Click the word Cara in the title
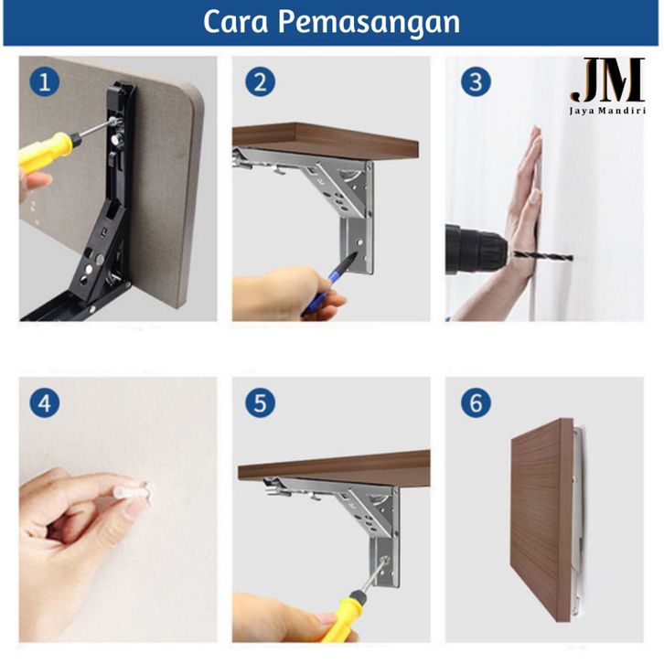235,23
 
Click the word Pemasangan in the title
369,24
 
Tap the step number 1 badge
45,81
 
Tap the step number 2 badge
260,81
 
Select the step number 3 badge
476,81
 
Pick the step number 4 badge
45,402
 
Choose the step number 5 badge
260,402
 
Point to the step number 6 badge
476,402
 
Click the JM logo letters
608,80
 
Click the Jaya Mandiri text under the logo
607,111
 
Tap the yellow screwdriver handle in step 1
48,149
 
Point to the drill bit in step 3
543,256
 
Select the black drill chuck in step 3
476,250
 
